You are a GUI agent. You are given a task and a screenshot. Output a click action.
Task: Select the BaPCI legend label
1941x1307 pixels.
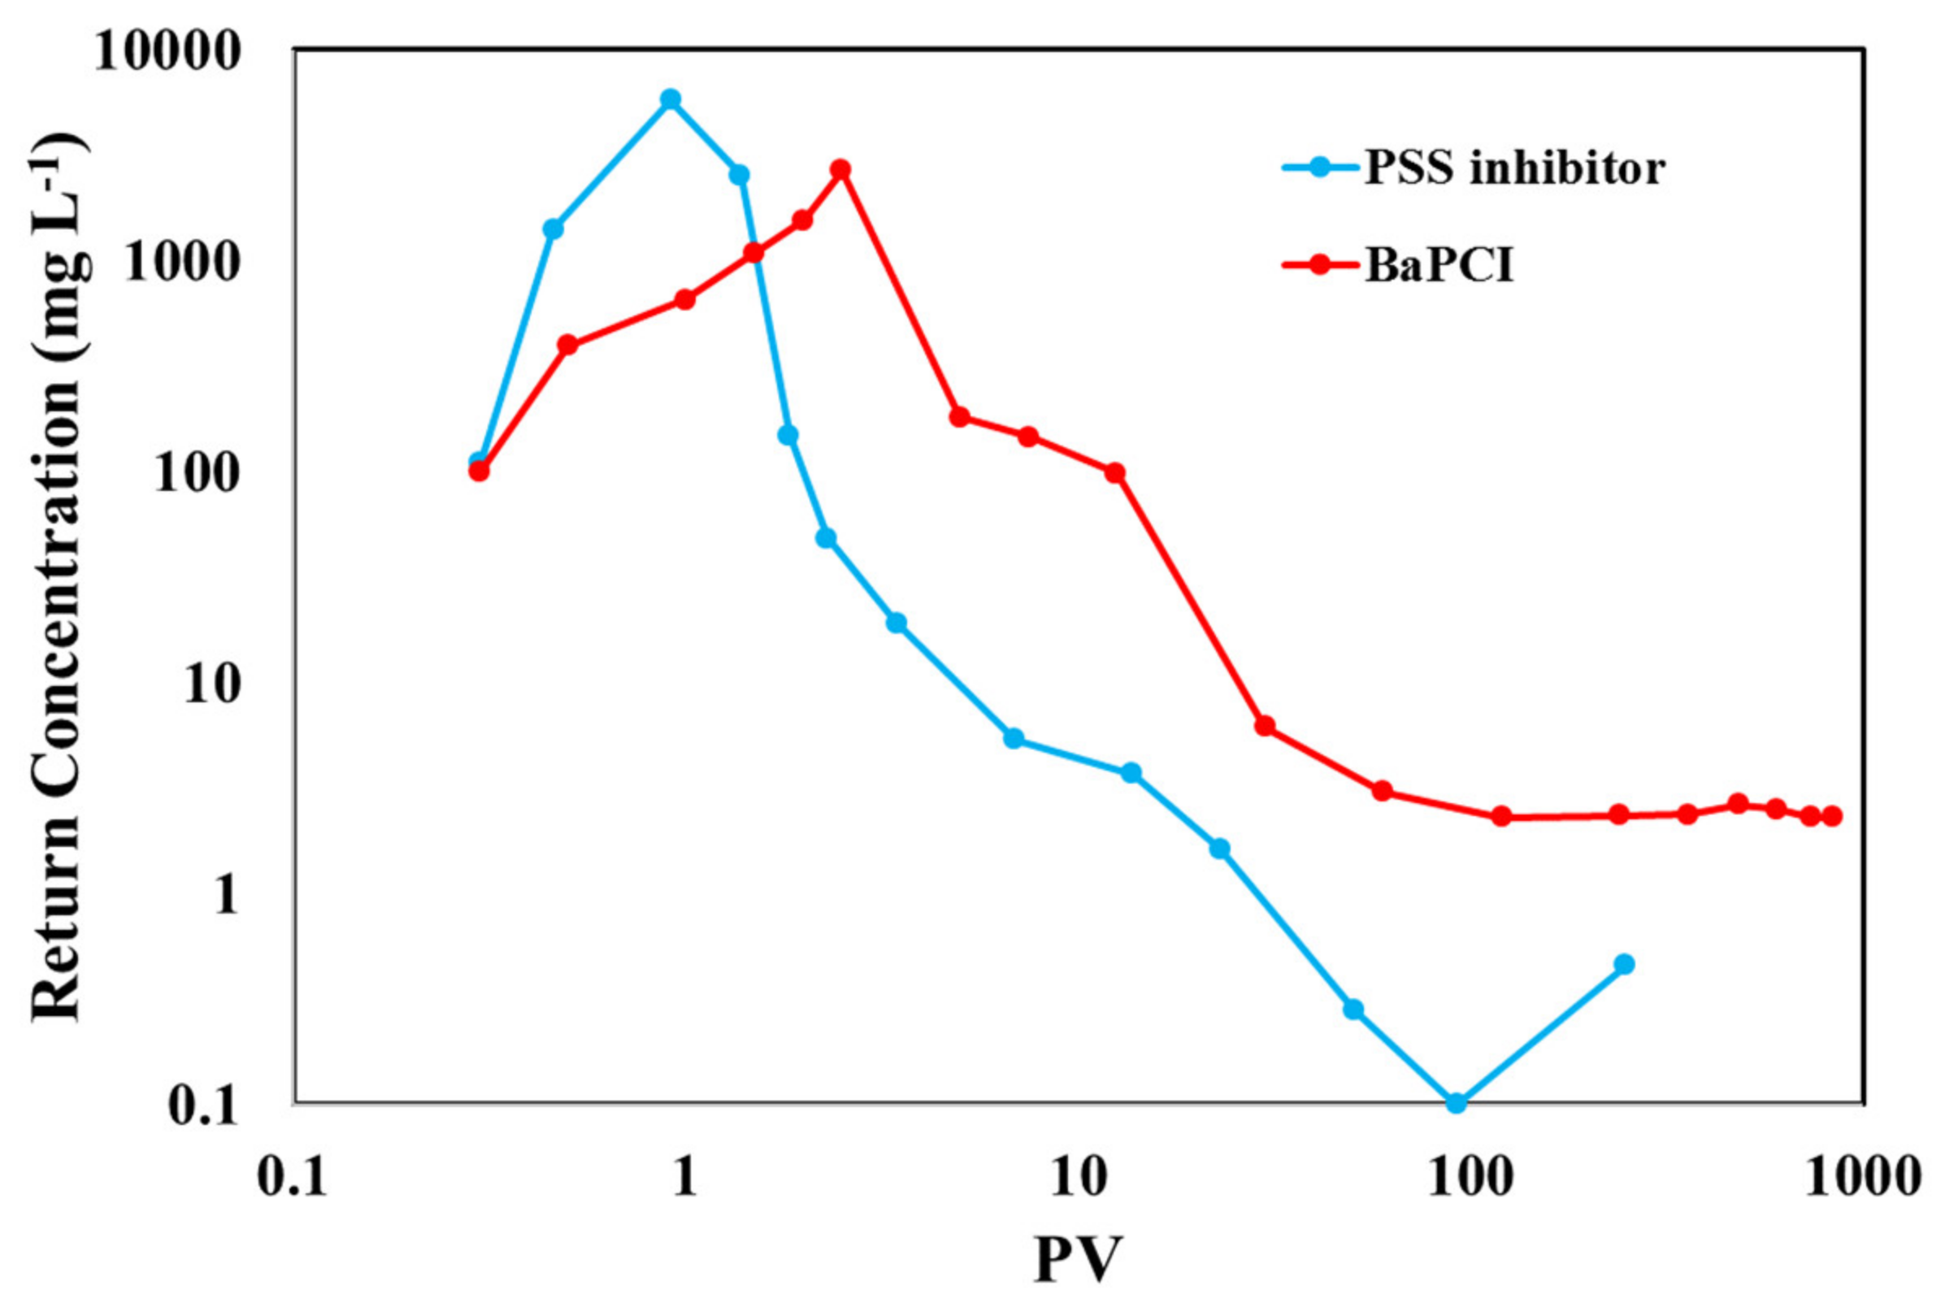point(1439,266)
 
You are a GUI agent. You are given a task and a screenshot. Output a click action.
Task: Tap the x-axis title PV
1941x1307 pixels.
point(1078,1259)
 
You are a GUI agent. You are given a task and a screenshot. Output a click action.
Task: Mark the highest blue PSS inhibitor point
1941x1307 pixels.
point(670,99)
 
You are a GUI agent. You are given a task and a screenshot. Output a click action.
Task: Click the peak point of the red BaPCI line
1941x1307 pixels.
point(841,169)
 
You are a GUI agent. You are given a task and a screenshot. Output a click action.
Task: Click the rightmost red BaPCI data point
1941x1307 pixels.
point(1831,816)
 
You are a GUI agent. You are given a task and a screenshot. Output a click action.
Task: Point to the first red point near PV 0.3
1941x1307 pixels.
point(480,471)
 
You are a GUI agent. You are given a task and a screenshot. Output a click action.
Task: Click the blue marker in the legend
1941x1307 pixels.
point(1319,167)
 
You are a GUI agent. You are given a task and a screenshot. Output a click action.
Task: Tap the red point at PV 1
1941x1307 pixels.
point(685,300)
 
